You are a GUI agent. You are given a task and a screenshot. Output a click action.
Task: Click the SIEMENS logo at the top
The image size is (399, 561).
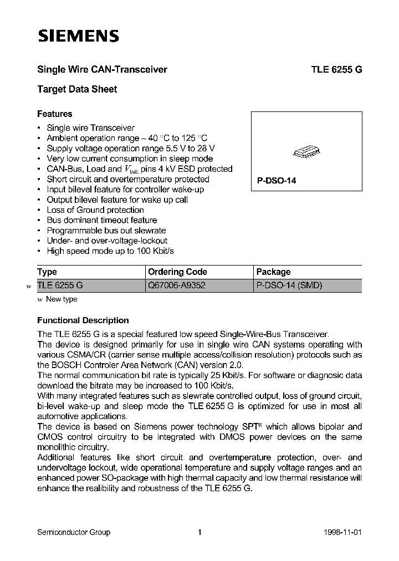click(78, 37)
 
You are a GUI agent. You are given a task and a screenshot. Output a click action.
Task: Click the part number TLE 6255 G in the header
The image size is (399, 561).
click(336, 70)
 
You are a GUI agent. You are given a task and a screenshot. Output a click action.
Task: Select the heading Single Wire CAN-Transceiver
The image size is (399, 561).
click(102, 70)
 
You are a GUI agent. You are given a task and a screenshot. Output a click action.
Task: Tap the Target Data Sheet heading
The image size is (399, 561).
click(77, 89)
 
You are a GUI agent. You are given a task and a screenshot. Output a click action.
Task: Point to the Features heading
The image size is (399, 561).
click(54, 114)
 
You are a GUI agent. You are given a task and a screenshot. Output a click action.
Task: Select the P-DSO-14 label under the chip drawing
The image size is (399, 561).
click(273, 181)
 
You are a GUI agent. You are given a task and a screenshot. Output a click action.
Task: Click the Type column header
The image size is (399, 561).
click(47, 272)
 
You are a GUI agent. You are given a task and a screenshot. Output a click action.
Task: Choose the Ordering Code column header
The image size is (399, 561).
click(177, 272)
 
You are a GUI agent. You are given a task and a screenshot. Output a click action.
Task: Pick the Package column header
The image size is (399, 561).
click(273, 272)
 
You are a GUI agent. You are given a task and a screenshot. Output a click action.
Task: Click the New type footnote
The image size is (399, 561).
click(61, 299)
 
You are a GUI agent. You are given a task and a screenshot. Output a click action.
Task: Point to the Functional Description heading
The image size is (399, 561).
click(83, 320)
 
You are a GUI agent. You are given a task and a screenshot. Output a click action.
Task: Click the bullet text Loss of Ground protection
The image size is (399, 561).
click(95, 210)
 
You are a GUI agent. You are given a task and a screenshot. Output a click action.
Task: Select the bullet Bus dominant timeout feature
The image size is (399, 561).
click(101, 220)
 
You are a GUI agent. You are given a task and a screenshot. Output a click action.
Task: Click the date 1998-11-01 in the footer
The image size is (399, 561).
click(344, 532)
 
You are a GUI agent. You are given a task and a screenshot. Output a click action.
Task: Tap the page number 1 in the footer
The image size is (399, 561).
click(199, 532)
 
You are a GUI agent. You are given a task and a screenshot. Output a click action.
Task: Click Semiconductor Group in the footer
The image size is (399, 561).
click(73, 532)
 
